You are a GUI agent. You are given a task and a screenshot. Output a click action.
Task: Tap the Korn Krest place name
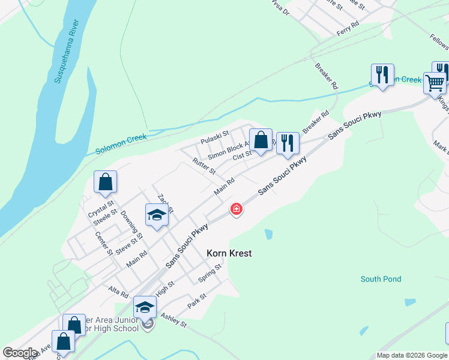click(229, 253)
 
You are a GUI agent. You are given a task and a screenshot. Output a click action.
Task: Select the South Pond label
click(381, 279)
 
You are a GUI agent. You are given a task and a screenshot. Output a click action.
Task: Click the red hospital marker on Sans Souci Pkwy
click(237, 209)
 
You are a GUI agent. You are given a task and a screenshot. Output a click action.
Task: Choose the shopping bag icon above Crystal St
click(105, 182)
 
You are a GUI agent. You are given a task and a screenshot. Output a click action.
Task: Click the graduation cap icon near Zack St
click(157, 215)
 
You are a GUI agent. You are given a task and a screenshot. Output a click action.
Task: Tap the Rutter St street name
click(204, 166)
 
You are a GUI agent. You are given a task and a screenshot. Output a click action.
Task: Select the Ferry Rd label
click(348, 26)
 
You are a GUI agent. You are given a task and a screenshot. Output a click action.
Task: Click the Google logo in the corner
click(20, 353)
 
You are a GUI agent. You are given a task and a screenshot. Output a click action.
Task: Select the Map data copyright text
click(412, 355)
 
